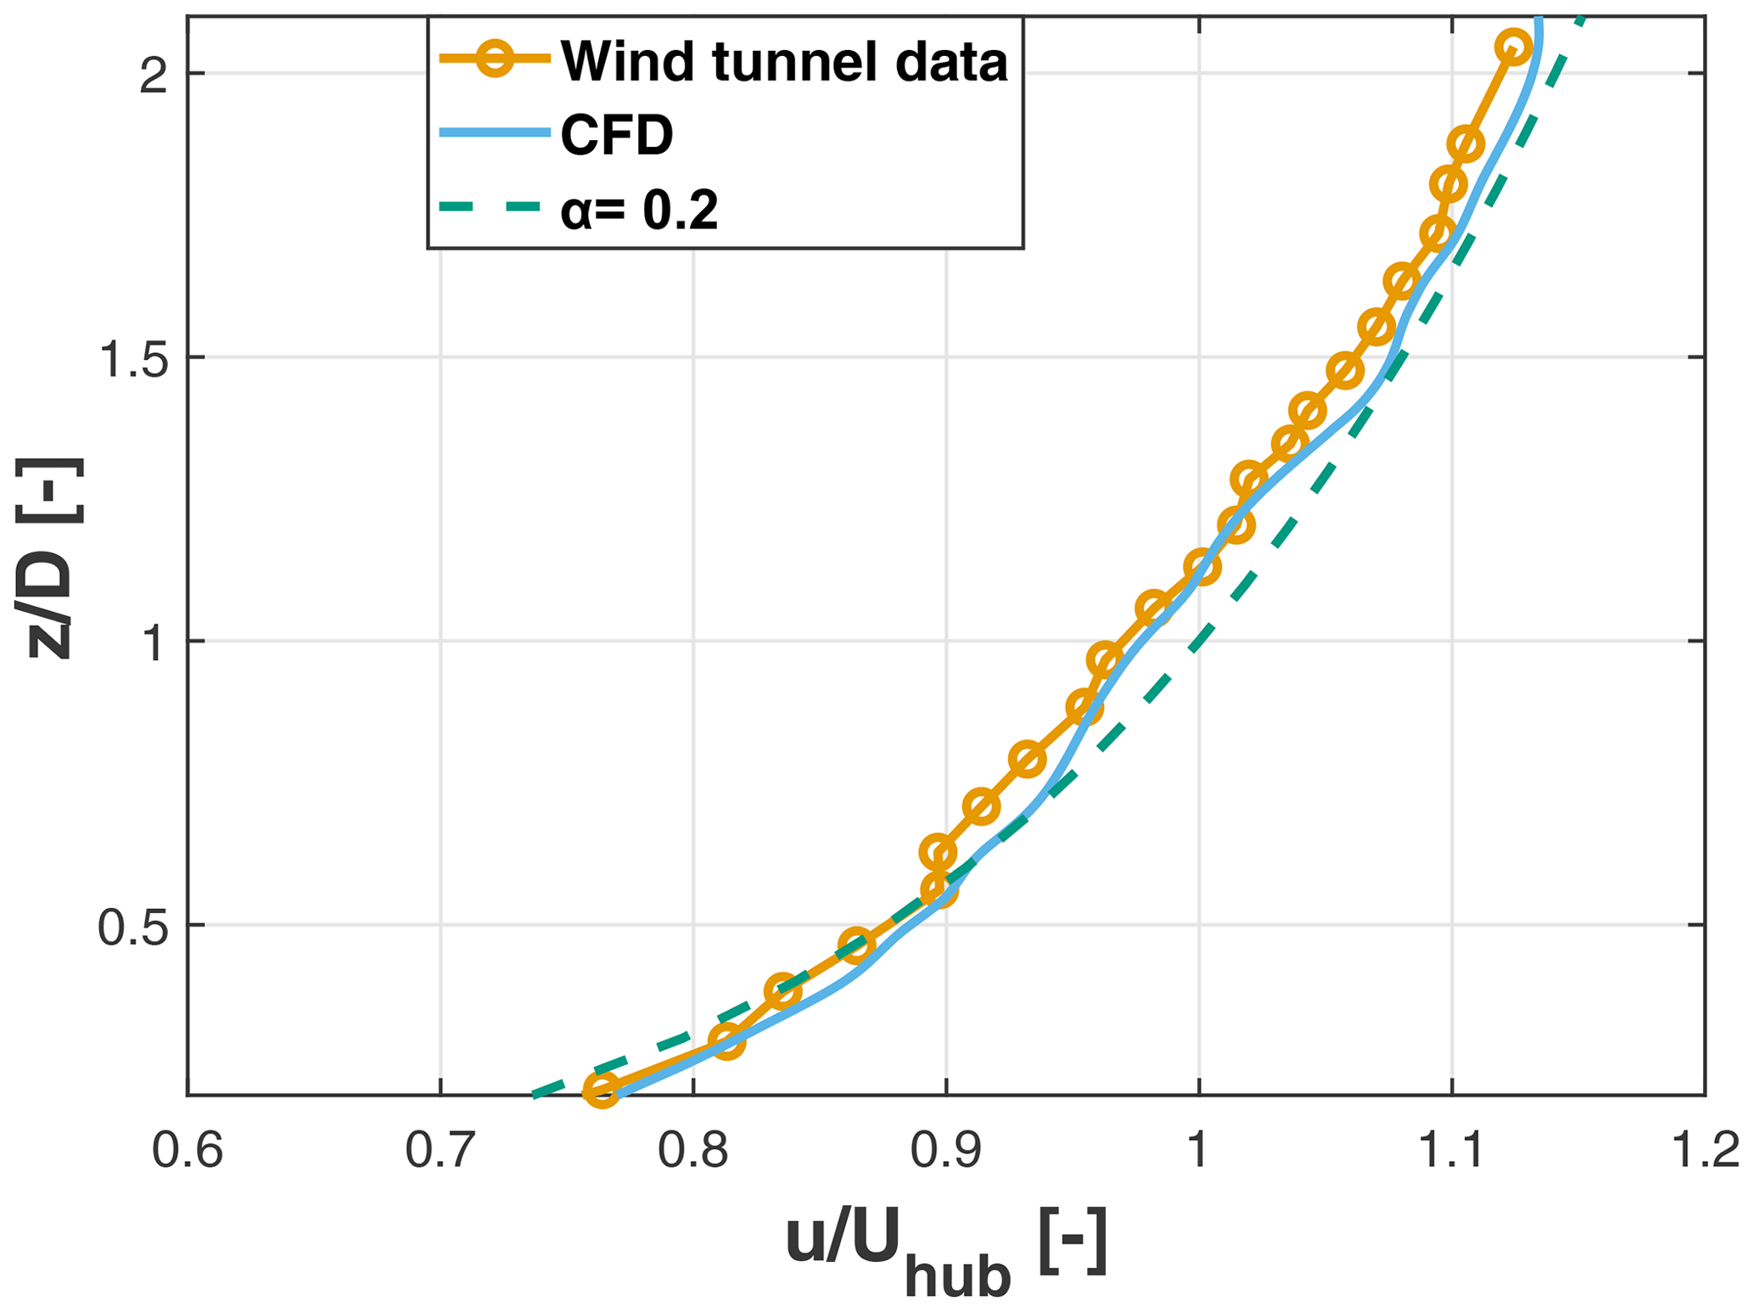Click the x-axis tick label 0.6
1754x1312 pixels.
click(x=187, y=1153)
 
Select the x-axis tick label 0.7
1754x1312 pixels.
click(x=440, y=1153)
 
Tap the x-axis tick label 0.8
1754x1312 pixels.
click(x=692, y=1153)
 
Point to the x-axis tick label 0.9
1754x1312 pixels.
click(x=945, y=1153)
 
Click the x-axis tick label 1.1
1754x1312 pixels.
click(x=1451, y=1153)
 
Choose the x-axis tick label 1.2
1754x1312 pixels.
click(x=1704, y=1153)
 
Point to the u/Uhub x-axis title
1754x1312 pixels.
click(x=945, y=1248)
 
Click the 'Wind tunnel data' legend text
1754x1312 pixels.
click(x=784, y=61)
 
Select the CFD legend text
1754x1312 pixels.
click(x=617, y=135)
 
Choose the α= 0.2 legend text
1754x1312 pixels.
click(x=640, y=210)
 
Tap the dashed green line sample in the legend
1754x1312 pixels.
click(x=492, y=207)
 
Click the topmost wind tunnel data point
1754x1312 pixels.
click(x=1514, y=48)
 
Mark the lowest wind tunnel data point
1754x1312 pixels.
click(x=601, y=1090)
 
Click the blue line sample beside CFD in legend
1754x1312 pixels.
click(x=492, y=133)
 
